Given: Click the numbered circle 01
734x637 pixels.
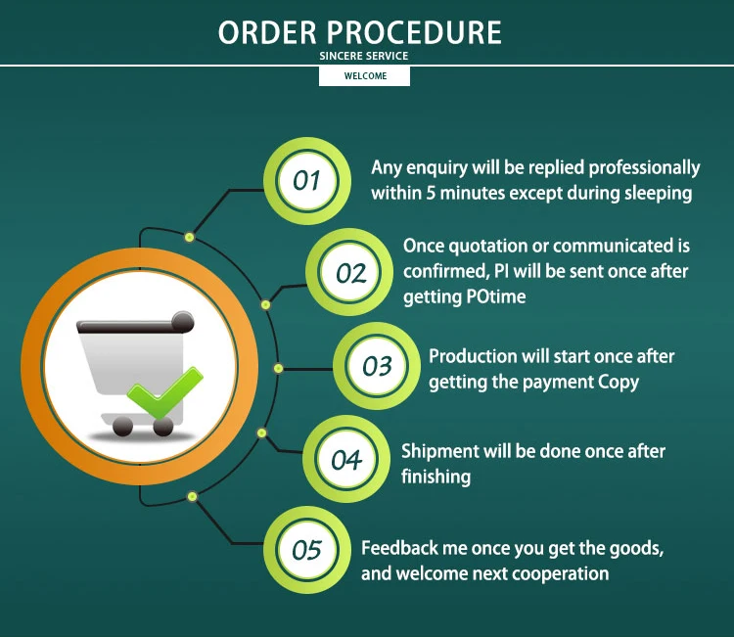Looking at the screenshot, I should point(307,181).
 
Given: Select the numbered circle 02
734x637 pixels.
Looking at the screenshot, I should point(350,273).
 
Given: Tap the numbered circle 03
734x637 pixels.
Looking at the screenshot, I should point(377,366).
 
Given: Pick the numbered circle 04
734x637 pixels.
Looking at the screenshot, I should point(346,459).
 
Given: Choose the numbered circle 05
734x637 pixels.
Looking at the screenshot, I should point(307,550).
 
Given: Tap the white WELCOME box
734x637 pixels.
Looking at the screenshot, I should point(364,76).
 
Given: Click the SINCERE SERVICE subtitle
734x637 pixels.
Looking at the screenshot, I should point(364,56).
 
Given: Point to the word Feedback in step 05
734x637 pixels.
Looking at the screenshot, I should point(399,548).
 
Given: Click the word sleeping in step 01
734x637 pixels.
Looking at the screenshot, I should point(658,193).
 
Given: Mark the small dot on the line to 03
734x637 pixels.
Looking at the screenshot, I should point(278,368).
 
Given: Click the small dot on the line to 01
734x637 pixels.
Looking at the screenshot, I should point(189,237).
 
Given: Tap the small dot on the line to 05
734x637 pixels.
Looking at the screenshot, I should point(191,497).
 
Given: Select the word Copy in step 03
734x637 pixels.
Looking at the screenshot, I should point(618,382).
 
